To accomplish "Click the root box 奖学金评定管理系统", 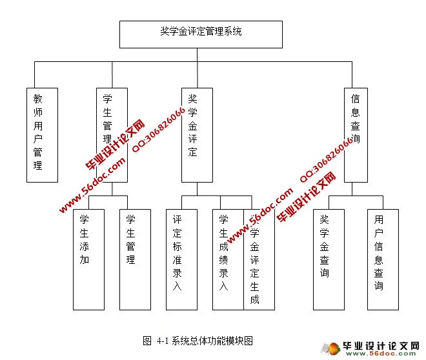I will (x=201, y=34).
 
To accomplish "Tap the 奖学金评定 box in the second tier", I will (x=197, y=134).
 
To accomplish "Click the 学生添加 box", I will (x=88, y=259).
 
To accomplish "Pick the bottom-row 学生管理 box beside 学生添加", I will (x=134, y=259).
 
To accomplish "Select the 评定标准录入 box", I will (x=181, y=259).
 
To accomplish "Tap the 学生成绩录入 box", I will (x=227, y=259).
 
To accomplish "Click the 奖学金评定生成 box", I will (x=259, y=259).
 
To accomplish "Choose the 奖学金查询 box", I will (x=329, y=259).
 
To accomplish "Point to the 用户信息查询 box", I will (x=383, y=259).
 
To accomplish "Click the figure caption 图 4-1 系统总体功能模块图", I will (x=197, y=340).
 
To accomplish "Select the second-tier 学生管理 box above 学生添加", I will (x=112, y=134).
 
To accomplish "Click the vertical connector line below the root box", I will (x=201, y=55).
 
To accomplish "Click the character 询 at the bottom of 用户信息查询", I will (x=379, y=286).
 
